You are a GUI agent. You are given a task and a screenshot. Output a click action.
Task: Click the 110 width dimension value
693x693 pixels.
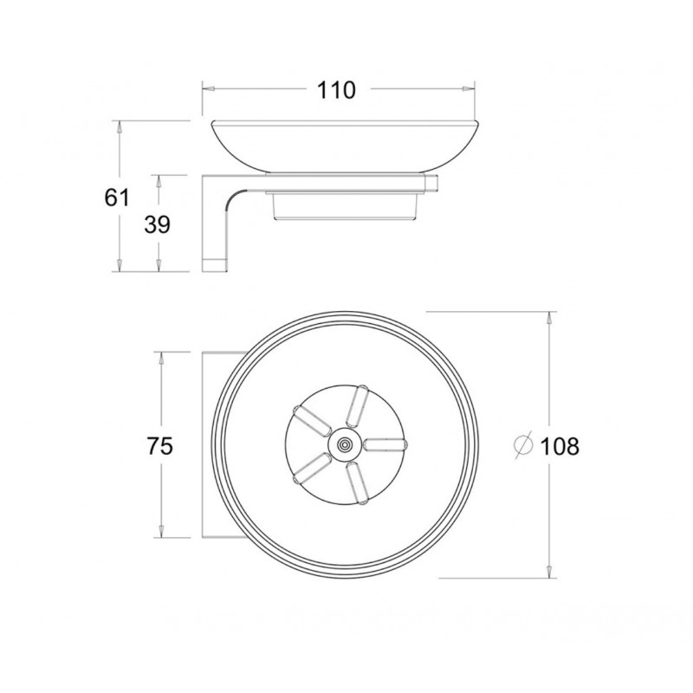337,89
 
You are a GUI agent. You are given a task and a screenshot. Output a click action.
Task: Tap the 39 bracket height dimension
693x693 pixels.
157,224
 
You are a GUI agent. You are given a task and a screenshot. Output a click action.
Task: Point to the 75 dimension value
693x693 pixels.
159,446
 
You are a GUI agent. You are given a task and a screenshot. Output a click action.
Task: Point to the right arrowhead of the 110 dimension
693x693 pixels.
471,88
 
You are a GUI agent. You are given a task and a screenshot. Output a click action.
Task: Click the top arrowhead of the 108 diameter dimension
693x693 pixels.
547,317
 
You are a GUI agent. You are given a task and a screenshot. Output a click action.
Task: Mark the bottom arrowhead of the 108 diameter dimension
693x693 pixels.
547,573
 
